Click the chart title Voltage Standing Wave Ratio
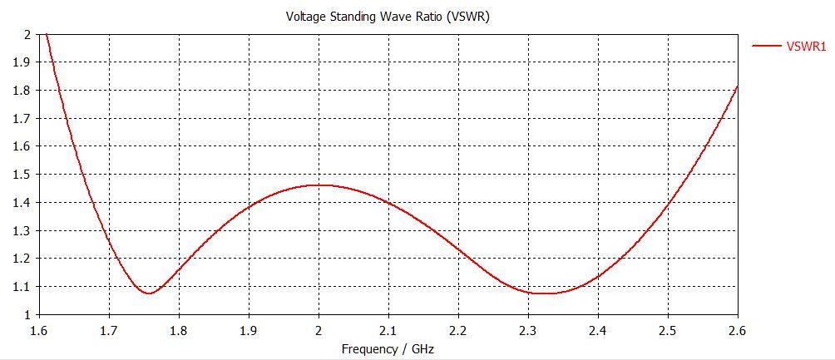click(388, 16)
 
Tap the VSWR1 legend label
click(806, 47)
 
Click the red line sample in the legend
click(766, 47)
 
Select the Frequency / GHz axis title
click(388, 348)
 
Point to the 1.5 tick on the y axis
click(22, 175)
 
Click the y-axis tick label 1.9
click(22, 62)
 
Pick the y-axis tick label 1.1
click(22, 287)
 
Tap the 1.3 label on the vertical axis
click(22, 230)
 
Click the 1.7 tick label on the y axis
click(22, 118)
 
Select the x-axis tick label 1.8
click(179, 331)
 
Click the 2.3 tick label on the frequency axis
click(528, 331)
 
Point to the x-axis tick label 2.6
click(737, 331)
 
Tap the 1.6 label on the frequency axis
click(39, 331)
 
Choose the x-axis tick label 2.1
click(388, 331)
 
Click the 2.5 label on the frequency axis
click(668, 331)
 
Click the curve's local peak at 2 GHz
click(319, 185)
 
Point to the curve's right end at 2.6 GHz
click(737, 86)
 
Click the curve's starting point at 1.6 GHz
click(46, 34)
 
